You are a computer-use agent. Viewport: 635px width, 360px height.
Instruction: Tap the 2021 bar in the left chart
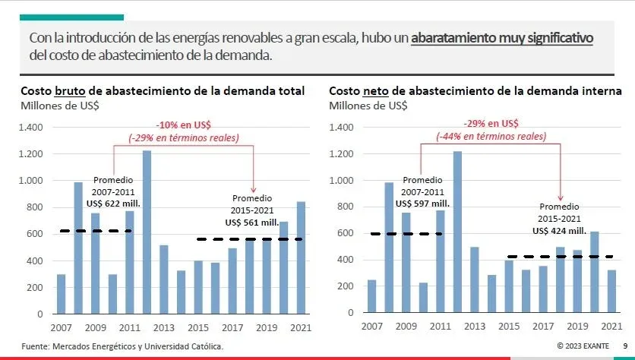point(302,257)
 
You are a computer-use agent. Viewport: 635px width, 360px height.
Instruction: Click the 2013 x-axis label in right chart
point(475,327)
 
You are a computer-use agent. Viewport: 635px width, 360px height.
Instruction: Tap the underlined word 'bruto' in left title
point(68,91)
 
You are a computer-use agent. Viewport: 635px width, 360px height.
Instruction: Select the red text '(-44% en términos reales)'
point(491,136)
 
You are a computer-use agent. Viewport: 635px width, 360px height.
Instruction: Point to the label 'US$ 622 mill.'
point(113,204)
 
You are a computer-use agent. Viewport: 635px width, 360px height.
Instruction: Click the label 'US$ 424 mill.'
point(558,230)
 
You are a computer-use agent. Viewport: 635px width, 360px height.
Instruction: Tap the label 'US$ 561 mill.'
point(251,222)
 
